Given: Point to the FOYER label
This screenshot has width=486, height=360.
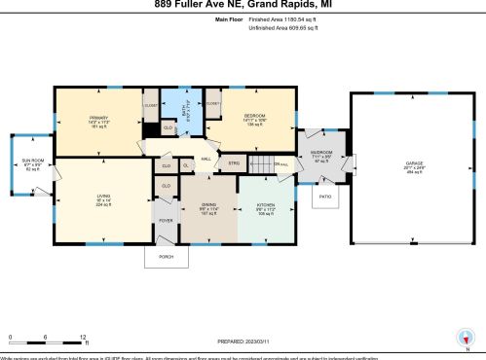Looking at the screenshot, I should (165, 220).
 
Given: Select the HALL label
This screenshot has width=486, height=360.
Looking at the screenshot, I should (206, 159).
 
